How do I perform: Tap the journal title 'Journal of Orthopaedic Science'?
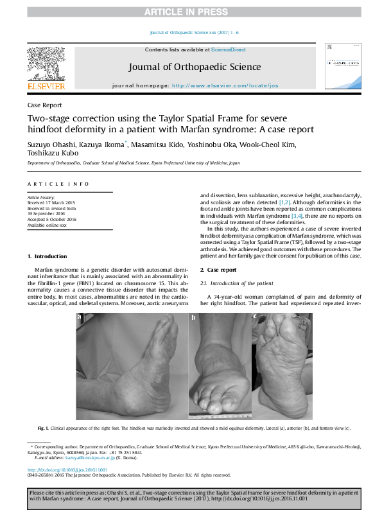pos(195,67)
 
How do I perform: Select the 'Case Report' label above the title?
pos(44,105)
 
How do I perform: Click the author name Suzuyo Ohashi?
pos(49,145)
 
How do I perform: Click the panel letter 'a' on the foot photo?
pos(80,317)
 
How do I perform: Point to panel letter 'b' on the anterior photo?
pos(193,317)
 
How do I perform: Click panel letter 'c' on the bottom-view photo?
pos(254,317)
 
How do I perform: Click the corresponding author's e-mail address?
pos(93,458)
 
